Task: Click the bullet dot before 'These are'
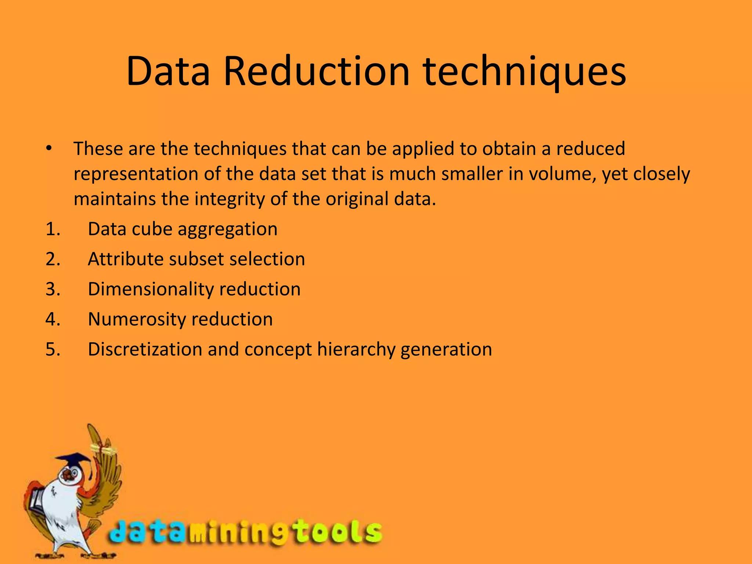(x=49, y=149)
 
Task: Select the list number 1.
(x=53, y=229)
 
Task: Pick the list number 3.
(x=53, y=289)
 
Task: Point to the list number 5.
(x=53, y=349)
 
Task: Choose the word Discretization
(x=145, y=349)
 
